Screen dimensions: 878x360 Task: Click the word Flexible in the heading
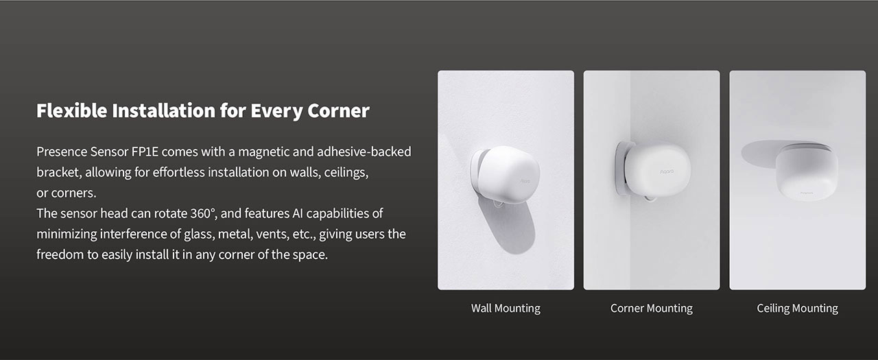[x=72, y=110]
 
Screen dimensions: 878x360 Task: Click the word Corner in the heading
[x=338, y=110]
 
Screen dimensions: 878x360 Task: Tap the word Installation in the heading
[x=164, y=110]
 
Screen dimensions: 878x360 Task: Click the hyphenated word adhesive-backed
[x=364, y=152]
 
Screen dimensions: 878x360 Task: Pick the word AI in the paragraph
[x=298, y=213]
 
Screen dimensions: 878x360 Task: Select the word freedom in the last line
[x=60, y=254]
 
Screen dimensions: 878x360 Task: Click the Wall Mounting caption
[x=506, y=309]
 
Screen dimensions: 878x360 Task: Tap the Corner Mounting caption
[x=652, y=309]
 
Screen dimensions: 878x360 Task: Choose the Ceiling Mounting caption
[x=797, y=309]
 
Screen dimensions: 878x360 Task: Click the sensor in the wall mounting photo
[x=508, y=175]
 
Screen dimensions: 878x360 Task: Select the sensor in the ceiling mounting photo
[x=807, y=172]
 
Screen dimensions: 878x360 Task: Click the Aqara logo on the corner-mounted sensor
[x=667, y=171]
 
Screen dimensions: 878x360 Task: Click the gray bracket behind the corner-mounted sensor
[x=620, y=169]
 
